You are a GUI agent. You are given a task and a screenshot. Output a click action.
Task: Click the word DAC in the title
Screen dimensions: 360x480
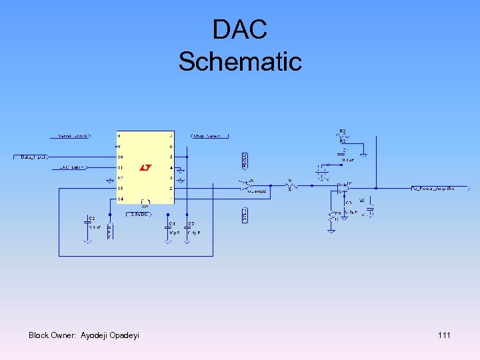(x=240, y=30)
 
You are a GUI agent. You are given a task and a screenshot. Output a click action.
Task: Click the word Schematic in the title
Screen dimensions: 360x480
(x=240, y=61)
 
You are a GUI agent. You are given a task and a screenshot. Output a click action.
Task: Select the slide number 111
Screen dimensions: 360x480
(x=444, y=335)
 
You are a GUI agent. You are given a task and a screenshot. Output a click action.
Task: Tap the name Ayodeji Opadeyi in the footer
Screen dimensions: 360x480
(x=110, y=335)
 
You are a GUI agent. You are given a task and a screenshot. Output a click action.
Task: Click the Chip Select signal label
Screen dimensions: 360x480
(x=207, y=136)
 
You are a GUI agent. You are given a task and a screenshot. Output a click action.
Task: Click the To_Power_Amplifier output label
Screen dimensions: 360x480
(x=434, y=189)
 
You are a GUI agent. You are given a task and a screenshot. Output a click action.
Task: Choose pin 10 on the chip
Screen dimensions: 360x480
(x=121, y=157)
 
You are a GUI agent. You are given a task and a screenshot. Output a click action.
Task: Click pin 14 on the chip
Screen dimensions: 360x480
(x=121, y=199)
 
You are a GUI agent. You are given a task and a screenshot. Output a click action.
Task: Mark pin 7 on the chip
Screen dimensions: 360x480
(x=171, y=136)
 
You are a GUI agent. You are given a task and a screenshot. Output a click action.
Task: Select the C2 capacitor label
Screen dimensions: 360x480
(x=92, y=219)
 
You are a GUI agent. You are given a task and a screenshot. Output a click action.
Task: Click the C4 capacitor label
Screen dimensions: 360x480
(x=172, y=224)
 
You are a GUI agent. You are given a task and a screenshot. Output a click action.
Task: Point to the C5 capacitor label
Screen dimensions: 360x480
(x=191, y=224)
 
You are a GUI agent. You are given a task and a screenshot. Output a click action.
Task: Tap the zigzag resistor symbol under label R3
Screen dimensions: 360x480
(x=343, y=136)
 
